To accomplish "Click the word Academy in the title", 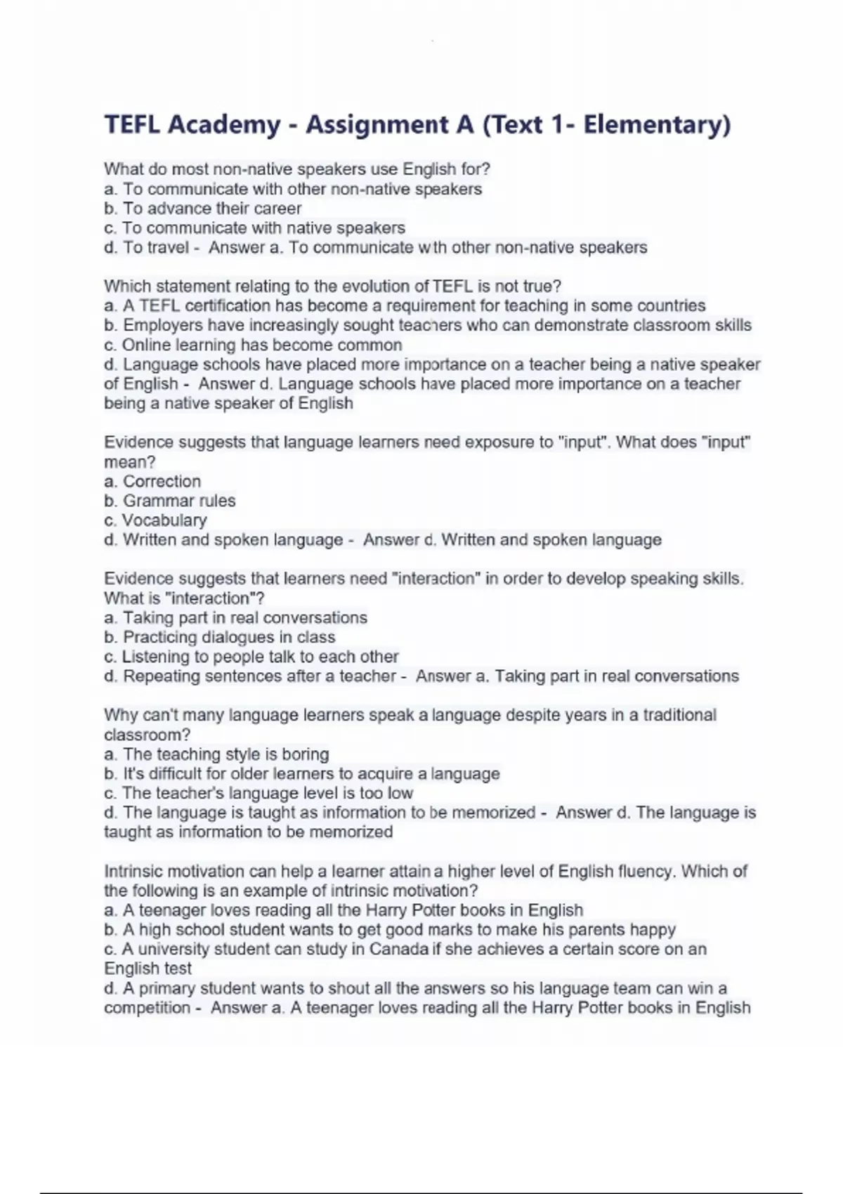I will click(x=224, y=125).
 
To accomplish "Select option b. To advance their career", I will click(x=202, y=209).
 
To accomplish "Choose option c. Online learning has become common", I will click(x=253, y=345).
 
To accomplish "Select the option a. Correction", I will click(x=152, y=481).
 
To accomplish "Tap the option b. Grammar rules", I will click(x=169, y=501).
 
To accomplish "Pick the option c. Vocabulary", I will click(x=155, y=520).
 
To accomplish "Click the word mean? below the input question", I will click(x=129, y=462).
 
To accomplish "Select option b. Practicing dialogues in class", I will click(x=219, y=637).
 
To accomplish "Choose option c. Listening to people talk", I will click(x=251, y=657).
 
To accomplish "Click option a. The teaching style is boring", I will click(x=216, y=754).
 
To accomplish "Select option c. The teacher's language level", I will click(x=259, y=793).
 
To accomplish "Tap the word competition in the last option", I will click(x=148, y=1008).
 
